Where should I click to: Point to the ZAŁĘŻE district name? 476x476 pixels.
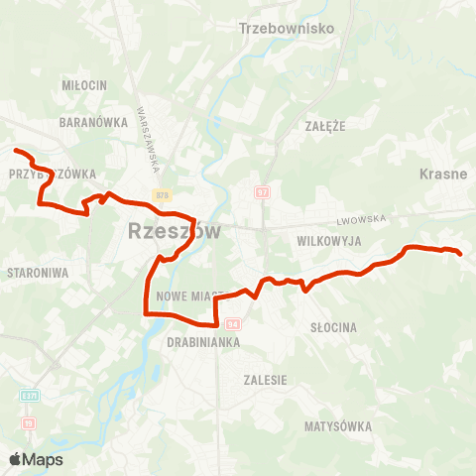coord(324,127)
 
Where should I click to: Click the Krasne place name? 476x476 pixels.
coord(443,174)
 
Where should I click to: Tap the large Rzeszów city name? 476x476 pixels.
coord(175,233)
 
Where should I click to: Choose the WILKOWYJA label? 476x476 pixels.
coord(326,241)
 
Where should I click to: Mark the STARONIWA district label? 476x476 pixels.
coord(36,271)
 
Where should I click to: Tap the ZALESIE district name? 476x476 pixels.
coord(266,380)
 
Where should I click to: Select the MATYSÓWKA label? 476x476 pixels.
coord(339,426)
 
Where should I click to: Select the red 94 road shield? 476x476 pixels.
coord(233,323)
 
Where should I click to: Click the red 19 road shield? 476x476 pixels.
coord(28,422)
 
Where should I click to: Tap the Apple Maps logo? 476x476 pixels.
coord(36,459)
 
